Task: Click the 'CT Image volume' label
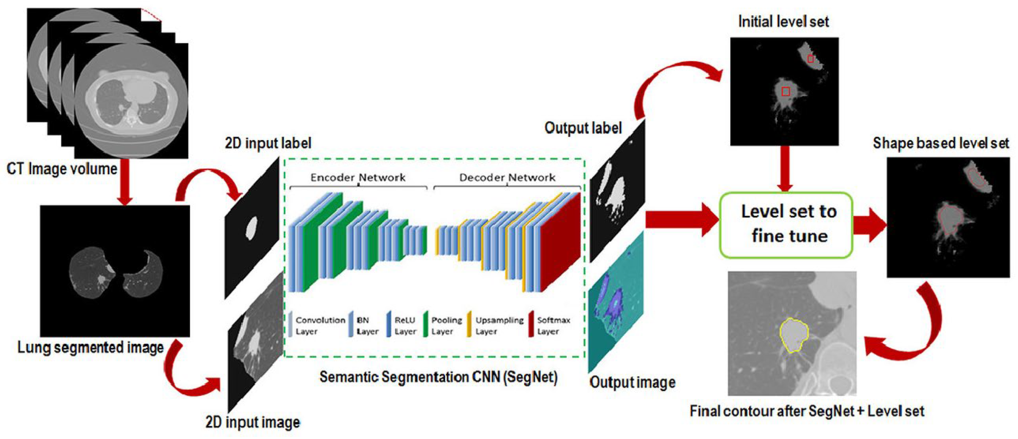click(62, 169)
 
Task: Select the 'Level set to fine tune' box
click(785, 224)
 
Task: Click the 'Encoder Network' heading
click(358, 178)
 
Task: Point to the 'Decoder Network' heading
click(507, 178)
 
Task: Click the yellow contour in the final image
click(781, 336)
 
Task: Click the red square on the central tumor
click(786, 92)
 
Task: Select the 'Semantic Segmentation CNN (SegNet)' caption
click(438, 377)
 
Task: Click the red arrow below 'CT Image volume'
click(125, 184)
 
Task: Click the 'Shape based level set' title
click(941, 143)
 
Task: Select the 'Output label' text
click(583, 128)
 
